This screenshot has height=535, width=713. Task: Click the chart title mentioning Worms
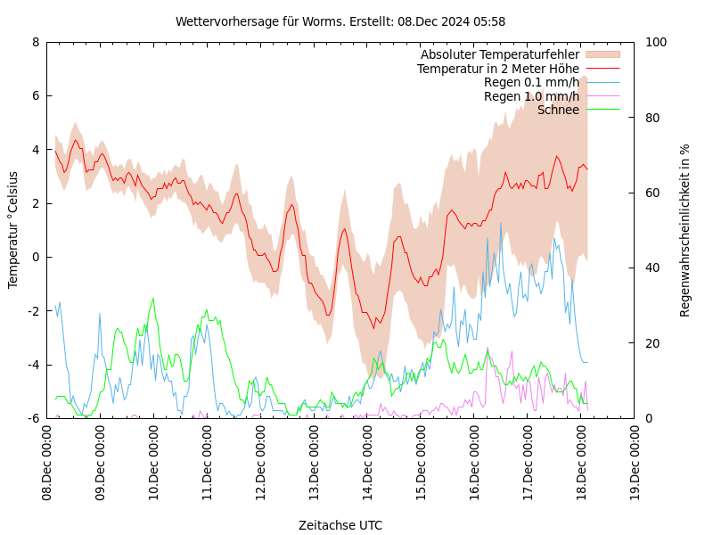[340, 21]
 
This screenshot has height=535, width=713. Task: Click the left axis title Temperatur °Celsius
[13, 230]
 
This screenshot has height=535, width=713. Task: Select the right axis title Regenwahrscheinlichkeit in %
[685, 230]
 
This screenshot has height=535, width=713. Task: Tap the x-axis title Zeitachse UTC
[340, 525]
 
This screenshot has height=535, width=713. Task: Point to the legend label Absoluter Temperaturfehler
[500, 55]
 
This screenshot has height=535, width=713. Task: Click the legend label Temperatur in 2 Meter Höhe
[498, 69]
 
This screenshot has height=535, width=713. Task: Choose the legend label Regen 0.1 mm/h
[531, 83]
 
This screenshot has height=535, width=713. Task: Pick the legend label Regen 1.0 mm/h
[531, 96]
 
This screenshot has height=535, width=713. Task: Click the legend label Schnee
[558, 110]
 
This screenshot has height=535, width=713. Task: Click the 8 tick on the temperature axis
[36, 42]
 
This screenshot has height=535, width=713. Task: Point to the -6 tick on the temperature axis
[33, 418]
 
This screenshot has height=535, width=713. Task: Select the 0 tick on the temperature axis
[36, 257]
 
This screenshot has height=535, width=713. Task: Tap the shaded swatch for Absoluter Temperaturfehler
[602, 55]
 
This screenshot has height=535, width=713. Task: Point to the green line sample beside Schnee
[602, 110]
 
